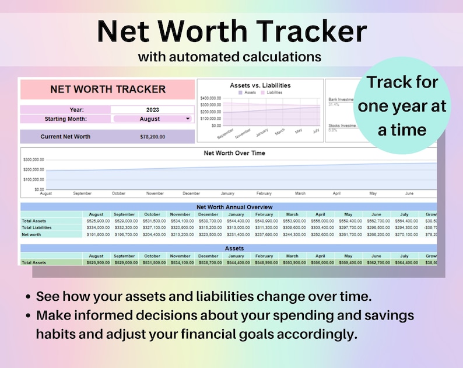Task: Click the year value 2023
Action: tap(153, 109)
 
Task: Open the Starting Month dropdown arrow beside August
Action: tap(187, 119)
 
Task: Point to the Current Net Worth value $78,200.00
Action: tap(153, 137)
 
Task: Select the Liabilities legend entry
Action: tap(271, 92)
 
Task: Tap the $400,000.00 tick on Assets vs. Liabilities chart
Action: tap(211, 98)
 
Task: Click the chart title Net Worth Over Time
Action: tap(234, 153)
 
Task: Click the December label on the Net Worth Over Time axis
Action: tap(191, 193)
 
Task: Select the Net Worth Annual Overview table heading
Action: tap(234, 207)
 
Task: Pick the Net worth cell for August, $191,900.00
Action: tap(96, 234)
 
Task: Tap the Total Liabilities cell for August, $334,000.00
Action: tap(96, 227)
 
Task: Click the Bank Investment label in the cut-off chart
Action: tap(341, 99)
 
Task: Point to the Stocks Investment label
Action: tap(341, 125)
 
